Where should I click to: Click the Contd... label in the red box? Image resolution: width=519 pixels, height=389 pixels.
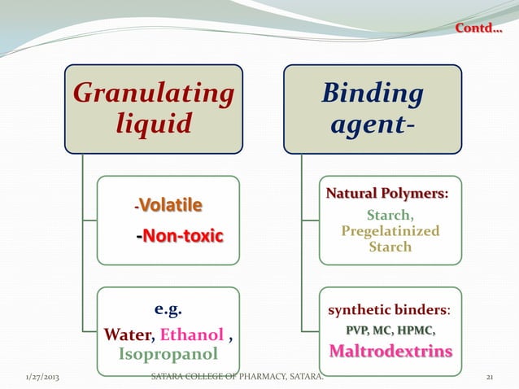pyautogui.click(x=478, y=31)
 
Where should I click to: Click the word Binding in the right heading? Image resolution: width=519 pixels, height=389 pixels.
pyautogui.click(x=373, y=94)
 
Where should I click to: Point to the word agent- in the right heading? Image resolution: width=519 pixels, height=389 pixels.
pyautogui.click(x=371, y=125)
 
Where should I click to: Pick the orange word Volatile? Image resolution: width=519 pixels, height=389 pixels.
pyautogui.click(x=173, y=203)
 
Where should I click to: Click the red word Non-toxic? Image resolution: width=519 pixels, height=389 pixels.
pyautogui.click(x=183, y=237)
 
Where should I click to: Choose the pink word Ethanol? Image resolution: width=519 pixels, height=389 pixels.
pyautogui.click(x=192, y=334)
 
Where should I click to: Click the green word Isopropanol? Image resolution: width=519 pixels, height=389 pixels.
pyautogui.click(x=168, y=354)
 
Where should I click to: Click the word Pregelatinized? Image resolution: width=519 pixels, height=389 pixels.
pyautogui.click(x=390, y=231)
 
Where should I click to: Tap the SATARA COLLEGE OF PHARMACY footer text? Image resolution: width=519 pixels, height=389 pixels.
pyautogui.click(x=237, y=378)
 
